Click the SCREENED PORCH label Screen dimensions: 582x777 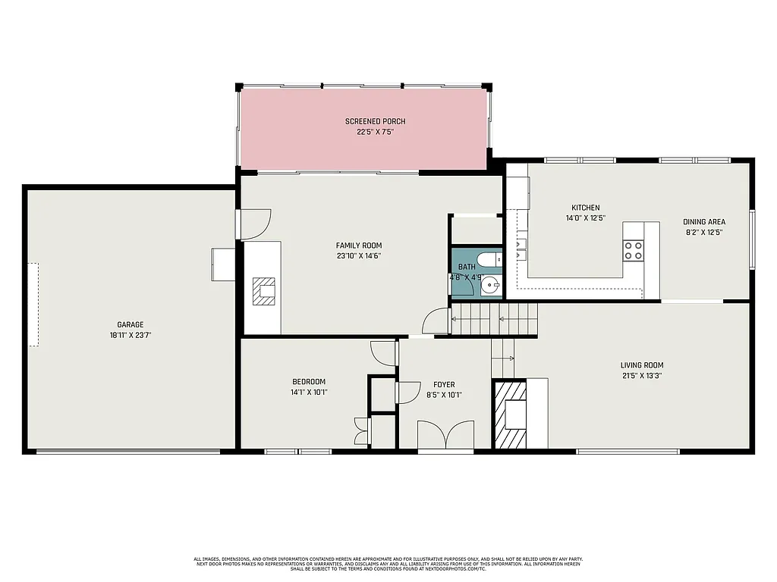[x=375, y=121]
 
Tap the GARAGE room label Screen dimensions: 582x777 [x=130, y=325]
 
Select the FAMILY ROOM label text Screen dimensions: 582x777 [x=359, y=246]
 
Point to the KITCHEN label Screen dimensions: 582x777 [x=585, y=208]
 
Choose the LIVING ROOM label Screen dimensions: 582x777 [x=642, y=365]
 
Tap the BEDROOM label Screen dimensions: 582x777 [x=309, y=381]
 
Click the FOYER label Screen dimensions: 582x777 [x=444, y=384]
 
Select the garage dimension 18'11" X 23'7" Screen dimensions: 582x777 [x=130, y=335]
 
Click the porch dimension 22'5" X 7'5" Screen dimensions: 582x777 [x=375, y=132]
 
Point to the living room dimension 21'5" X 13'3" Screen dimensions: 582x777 [x=642, y=375]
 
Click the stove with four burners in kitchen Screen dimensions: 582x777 [x=633, y=250]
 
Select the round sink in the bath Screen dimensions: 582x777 [x=491, y=286]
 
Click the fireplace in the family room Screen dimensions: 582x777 [x=266, y=291]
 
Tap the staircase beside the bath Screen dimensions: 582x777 [x=493, y=319]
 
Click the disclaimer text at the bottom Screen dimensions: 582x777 [x=388, y=563]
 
